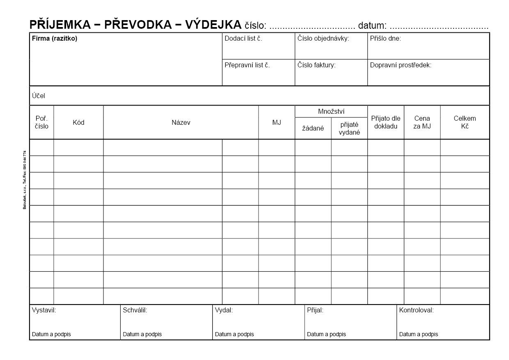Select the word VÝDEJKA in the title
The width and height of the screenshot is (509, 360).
click(x=213, y=25)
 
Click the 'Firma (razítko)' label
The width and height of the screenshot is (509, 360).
click(x=55, y=39)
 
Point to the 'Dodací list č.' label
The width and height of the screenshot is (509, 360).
click(x=243, y=39)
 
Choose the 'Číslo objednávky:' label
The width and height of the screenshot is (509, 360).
click(x=323, y=39)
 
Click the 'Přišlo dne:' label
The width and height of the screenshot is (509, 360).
click(x=385, y=39)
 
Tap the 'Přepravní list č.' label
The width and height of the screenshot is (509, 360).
click(x=247, y=65)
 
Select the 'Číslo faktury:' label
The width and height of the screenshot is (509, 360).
click(x=316, y=65)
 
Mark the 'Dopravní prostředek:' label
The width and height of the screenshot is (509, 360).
click(x=401, y=65)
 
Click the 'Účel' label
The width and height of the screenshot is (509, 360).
click(x=39, y=96)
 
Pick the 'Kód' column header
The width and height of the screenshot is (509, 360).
click(x=78, y=122)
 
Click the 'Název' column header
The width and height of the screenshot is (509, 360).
click(x=181, y=122)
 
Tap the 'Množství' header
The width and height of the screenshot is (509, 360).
click(x=331, y=112)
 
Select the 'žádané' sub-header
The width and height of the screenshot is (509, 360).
click(x=313, y=128)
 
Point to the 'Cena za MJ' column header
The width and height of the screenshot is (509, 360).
click(x=422, y=122)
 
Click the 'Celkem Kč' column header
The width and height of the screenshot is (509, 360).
click(x=465, y=122)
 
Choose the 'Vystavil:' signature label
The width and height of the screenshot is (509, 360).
click(x=44, y=310)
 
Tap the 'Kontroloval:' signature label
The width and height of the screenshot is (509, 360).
click(x=416, y=310)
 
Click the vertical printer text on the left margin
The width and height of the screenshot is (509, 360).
click(x=25, y=180)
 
